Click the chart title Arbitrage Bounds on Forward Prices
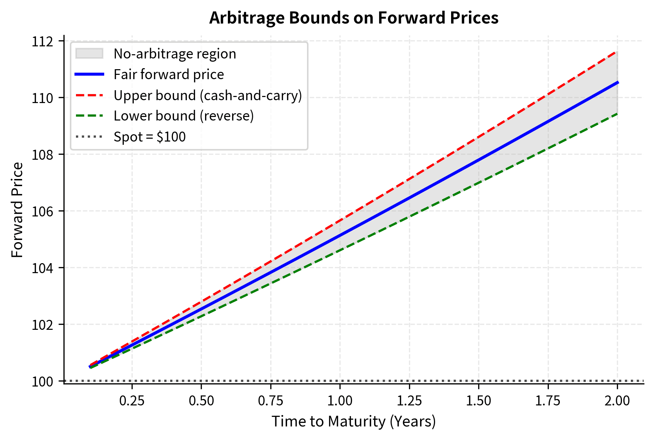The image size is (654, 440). click(353, 18)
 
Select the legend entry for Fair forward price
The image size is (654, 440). click(168, 75)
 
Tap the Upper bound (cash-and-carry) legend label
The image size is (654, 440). click(208, 95)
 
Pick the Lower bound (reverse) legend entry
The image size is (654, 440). click(183, 116)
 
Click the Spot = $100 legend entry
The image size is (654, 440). click(149, 137)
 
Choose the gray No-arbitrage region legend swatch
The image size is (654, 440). click(89, 54)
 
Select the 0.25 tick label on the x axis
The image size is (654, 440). click(132, 401)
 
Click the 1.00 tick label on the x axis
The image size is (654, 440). click(340, 401)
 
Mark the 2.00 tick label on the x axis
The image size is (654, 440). click(617, 401)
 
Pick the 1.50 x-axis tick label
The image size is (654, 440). click(479, 401)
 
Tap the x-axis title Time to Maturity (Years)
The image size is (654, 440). click(353, 421)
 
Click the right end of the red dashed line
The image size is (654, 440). click(617, 52)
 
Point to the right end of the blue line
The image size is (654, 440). click(617, 82)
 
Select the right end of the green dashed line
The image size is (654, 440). click(617, 114)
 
